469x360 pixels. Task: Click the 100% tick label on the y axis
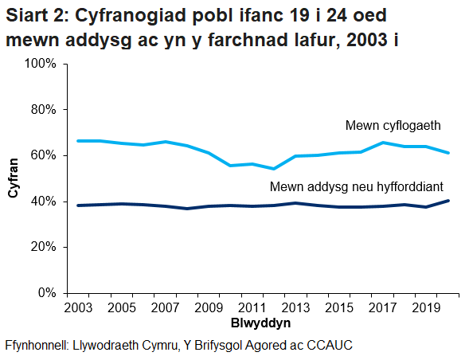(x=39, y=63)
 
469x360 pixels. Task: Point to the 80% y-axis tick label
(x=42, y=109)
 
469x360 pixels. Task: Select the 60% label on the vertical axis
(x=42, y=155)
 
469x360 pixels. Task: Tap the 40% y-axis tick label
(x=42, y=202)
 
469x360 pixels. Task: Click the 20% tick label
(x=42, y=247)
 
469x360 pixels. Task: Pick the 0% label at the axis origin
(x=45, y=293)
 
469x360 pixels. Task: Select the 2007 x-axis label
(x=164, y=307)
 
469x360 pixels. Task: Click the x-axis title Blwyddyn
(x=260, y=323)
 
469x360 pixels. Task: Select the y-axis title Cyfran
(x=13, y=179)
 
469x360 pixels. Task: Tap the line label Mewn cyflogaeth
(x=393, y=125)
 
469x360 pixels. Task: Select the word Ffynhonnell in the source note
(x=37, y=346)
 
